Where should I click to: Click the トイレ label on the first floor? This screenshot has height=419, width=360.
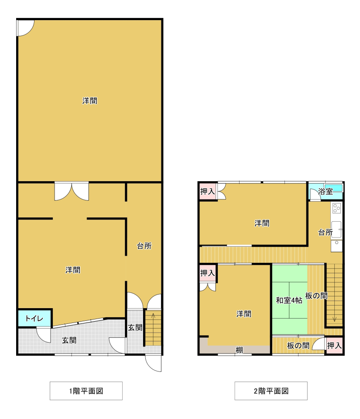[x=34, y=318]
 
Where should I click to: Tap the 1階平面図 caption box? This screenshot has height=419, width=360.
[x=86, y=391]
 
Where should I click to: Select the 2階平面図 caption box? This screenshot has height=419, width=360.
[x=271, y=391]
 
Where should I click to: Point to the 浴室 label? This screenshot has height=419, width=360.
[x=325, y=191]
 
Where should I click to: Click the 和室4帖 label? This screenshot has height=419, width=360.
[x=289, y=300]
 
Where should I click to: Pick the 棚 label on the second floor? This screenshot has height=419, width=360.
[x=239, y=350]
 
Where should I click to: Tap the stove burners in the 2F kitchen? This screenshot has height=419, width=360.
[x=336, y=208]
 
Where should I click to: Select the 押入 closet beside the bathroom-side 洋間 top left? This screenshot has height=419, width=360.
[x=208, y=191]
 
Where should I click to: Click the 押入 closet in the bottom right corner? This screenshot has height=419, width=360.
[x=334, y=346]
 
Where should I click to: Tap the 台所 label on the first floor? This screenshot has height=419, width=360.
[x=144, y=246]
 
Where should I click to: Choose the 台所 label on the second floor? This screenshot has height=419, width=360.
[x=325, y=232]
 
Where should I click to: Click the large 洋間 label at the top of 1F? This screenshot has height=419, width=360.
[x=90, y=101]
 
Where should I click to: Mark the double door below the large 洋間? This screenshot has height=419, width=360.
[x=72, y=191]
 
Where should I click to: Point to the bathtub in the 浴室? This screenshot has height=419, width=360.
[x=333, y=188]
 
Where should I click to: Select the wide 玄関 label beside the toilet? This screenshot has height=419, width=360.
[x=69, y=340]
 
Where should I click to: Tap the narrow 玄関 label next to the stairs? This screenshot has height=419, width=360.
[x=135, y=327]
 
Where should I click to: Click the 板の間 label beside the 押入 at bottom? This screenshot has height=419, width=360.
[x=298, y=346]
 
